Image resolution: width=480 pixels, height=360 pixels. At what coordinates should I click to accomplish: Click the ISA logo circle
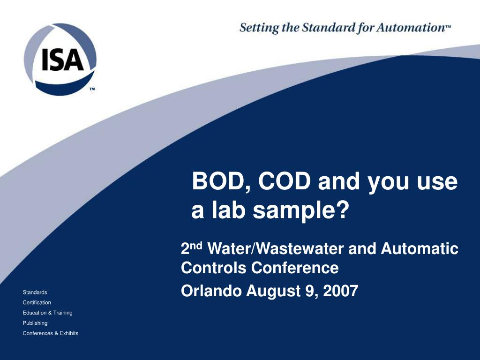point(60,60)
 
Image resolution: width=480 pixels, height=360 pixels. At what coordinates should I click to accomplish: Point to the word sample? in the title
point(301,211)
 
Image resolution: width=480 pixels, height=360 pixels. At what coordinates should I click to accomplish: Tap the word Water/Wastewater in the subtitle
point(276,248)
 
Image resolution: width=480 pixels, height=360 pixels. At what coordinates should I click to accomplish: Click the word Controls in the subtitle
point(214,268)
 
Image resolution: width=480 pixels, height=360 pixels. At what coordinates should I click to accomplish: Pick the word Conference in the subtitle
point(295,268)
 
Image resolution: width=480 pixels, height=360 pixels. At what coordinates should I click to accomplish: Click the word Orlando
point(211,291)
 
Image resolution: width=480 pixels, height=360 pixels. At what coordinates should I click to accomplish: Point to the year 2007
point(340,291)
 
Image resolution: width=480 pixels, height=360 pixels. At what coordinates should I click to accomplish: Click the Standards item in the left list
point(35,292)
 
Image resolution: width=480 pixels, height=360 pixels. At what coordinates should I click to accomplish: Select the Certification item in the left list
point(37,303)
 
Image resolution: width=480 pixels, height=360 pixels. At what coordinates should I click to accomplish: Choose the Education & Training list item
point(48,313)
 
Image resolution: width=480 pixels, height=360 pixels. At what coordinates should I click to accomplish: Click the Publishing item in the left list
point(35,323)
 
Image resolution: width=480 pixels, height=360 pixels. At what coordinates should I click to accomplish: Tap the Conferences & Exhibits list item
point(51,333)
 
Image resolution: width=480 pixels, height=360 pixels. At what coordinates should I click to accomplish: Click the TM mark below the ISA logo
point(92,89)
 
